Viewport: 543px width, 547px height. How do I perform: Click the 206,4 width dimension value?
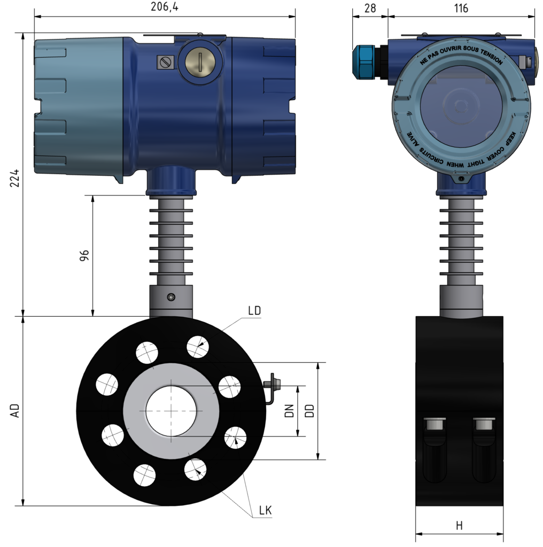point(164,6)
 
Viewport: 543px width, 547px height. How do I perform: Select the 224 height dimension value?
point(15,178)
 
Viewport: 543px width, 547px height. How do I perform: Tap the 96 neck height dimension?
point(84,255)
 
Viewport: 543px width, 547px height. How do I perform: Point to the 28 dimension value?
point(369,8)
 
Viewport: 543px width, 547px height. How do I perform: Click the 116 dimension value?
point(460,8)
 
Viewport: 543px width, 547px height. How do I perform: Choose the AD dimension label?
point(15,410)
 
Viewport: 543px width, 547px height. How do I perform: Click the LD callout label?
point(254,310)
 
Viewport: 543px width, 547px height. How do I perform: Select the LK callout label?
point(265,511)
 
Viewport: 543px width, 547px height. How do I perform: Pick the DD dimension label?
point(309,410)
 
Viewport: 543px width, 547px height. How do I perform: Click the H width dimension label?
point(459,526)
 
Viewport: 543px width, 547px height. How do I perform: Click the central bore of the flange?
point(171,410)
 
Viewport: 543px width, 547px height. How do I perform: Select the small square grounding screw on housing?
point(165,62)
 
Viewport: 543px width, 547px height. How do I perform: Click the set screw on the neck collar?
point(170,297)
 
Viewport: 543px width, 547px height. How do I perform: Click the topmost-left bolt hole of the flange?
point(147,352)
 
